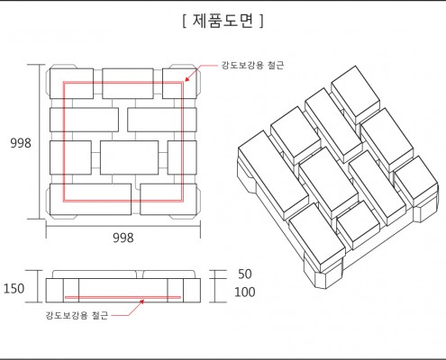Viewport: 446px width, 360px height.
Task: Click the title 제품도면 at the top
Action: click(223, 21)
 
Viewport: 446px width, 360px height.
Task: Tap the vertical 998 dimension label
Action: click(21, 143)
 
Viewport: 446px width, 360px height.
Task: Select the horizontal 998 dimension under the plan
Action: click(123, 238)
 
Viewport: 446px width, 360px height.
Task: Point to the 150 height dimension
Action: click(14, 288)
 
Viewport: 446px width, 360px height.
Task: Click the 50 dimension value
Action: click(245, 274)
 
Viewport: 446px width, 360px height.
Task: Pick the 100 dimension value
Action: click(245, 292)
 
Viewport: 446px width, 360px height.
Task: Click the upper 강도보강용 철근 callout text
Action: click(252, 65)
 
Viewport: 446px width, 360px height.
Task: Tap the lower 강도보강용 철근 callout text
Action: click(77, 315)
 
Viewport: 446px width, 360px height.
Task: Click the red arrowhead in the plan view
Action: click(187, 78)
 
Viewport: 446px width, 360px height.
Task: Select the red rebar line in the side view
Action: click(123, 298)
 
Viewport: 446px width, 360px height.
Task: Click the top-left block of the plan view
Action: click(71, 84)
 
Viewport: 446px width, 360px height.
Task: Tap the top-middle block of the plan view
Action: click(128, 84)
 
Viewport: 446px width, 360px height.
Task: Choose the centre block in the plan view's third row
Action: click(129, 157)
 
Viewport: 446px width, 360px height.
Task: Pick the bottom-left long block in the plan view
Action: click(90, 199)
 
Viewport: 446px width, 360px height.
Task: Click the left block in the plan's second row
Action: click(84, 120)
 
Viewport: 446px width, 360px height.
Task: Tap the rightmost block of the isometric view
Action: click(416, 182)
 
